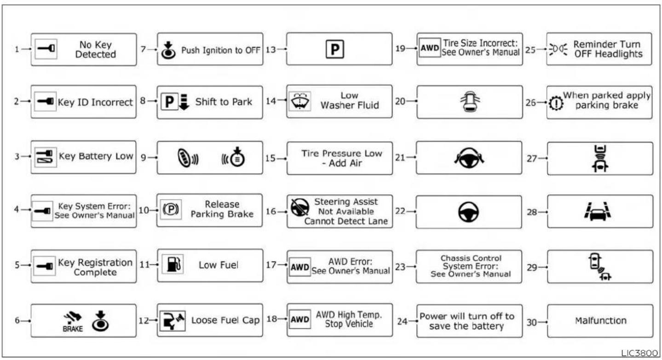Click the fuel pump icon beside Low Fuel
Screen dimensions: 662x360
click(173, 264)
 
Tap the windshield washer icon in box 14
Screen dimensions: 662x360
click(299, 101)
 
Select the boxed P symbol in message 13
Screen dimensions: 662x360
click(335, 49)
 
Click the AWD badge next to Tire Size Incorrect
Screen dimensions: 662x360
click(430, 47)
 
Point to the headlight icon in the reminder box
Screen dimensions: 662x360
click(558, 49)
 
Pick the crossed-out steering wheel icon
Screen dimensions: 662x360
click(299, 207)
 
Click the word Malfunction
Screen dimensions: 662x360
click(600, 320)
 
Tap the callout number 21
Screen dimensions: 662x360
click(400, 157)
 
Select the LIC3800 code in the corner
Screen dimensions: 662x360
click(639, 353)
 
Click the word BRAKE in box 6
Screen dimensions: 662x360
click(73, 329)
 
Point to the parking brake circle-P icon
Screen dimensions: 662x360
click(171, 209)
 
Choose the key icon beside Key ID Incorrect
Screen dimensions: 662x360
click(45, 101)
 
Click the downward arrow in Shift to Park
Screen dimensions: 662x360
click(184, 102)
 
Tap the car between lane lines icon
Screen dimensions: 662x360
click(597, 211)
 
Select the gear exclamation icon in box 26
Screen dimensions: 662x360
click(556, 104)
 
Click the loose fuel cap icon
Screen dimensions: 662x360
click(173, 320)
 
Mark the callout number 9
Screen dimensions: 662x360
click(143, 157)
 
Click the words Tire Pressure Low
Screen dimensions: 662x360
click(342, 153)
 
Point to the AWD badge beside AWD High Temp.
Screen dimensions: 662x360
click(299, 319)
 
